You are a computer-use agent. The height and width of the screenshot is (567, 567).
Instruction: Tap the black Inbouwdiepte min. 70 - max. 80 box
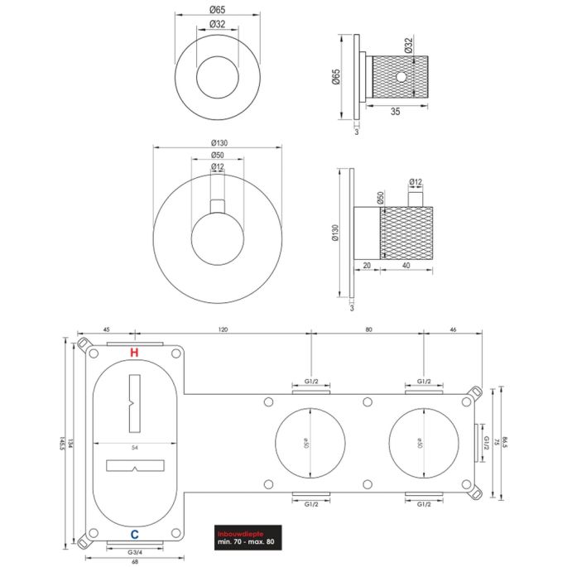click(x=249, y=536)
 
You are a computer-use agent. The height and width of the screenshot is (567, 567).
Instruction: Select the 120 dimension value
click(x=223, y=329)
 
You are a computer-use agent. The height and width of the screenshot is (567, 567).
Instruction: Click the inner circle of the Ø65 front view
click(x=217, y=76)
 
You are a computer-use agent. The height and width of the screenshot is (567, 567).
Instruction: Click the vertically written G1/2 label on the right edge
click(x=486, y=444)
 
